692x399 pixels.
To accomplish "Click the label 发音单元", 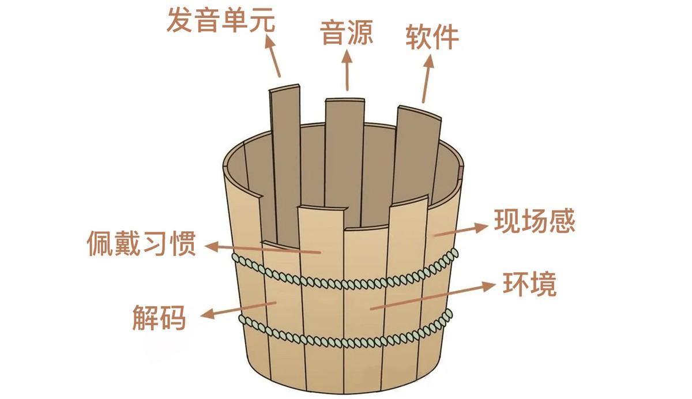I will pos(221,20).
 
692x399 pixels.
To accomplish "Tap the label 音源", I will pos(347,33).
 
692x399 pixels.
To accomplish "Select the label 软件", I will pos(432,37).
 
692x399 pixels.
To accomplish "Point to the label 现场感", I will pos(534,221).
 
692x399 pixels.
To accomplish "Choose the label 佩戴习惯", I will pos(142,244).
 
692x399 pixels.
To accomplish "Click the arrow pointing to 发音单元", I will pos(273,55).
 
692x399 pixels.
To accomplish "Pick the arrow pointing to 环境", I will pos(432,296).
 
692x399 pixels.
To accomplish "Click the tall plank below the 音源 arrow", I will pos(344,156).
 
